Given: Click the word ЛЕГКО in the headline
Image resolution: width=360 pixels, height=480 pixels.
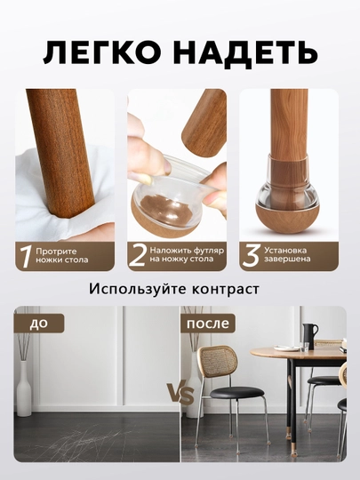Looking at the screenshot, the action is coord(102,54).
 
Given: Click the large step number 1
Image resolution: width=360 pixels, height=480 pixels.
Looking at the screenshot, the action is coord(26,257).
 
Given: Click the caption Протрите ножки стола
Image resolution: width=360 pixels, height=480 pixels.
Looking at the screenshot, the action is coord(62,256).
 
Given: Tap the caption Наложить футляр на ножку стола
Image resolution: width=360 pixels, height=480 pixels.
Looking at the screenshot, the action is coord(187,254).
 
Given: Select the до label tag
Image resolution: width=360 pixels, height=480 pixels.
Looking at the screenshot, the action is coord(39,324).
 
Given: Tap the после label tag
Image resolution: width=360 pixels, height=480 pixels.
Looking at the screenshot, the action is coord(207,324).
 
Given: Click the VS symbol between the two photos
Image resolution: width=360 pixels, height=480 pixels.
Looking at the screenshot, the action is coord(180,394).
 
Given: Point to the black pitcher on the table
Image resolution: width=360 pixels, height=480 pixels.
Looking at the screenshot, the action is coord(309,336).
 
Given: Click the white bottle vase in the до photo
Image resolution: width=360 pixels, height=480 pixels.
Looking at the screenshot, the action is coord(24,388).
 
